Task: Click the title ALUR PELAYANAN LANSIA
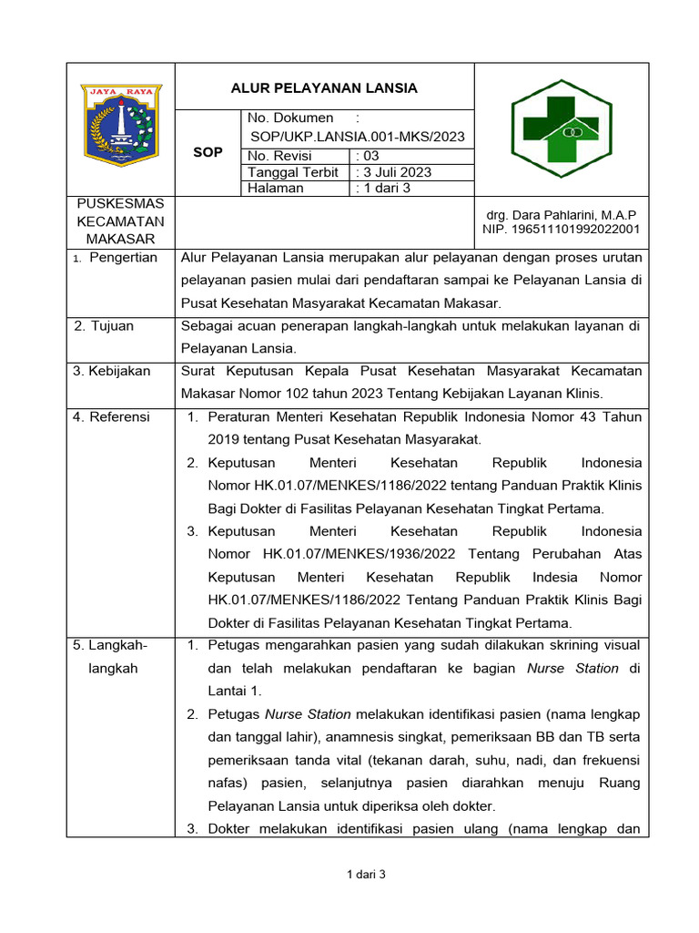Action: [x=323, y=88]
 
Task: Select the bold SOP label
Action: [x=208, y=152]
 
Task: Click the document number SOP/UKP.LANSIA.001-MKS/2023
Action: [x=357, y=137]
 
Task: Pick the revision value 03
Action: [x=371, y=156]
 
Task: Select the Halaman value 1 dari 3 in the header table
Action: [x=386, y=189]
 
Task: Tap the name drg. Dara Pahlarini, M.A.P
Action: [x=562, y=214]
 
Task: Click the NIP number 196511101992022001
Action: [x=561, y=229]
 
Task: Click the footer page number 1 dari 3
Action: [x=367, y=875]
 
